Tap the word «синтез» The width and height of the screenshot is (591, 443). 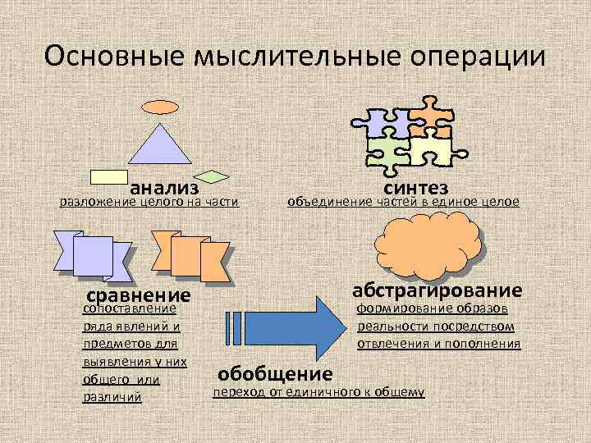[415, 186]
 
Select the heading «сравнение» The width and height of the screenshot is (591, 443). [138, 295]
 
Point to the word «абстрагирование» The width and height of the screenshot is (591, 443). [437, 290]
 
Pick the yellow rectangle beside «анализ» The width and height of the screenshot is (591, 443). [108, 176]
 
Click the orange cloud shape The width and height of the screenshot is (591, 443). [427, 241]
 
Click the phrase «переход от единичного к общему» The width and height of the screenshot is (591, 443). [318, 393]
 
